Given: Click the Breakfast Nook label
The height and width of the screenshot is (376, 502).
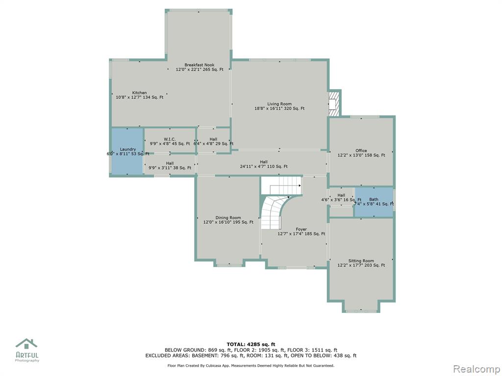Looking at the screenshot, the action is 200,67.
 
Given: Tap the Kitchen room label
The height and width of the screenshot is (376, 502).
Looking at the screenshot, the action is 140,95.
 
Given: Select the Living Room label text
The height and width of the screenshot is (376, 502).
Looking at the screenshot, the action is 279,106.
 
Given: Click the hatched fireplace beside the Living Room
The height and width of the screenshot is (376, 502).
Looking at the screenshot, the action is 333,104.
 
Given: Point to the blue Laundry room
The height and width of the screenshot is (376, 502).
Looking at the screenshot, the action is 127,151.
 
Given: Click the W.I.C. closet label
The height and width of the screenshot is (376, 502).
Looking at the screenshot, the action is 170,141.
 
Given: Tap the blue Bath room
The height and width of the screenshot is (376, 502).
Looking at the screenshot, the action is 374,202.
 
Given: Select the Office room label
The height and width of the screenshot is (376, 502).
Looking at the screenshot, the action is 361,153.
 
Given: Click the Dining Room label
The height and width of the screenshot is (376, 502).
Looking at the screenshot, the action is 228,220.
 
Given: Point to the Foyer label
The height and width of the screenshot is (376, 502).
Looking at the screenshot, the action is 301,232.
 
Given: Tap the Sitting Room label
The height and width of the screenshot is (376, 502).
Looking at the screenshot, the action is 361,263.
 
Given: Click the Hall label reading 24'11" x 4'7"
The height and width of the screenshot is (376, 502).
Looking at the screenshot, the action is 264,164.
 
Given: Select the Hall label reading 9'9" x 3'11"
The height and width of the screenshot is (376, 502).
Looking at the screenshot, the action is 170,165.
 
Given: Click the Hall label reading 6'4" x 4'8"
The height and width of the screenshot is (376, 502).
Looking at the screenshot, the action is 214,141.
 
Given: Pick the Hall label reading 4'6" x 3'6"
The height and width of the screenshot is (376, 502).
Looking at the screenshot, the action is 341,198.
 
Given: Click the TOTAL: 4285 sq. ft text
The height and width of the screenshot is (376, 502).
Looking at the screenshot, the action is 251,344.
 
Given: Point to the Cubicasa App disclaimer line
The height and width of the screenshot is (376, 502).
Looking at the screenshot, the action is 251,365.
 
